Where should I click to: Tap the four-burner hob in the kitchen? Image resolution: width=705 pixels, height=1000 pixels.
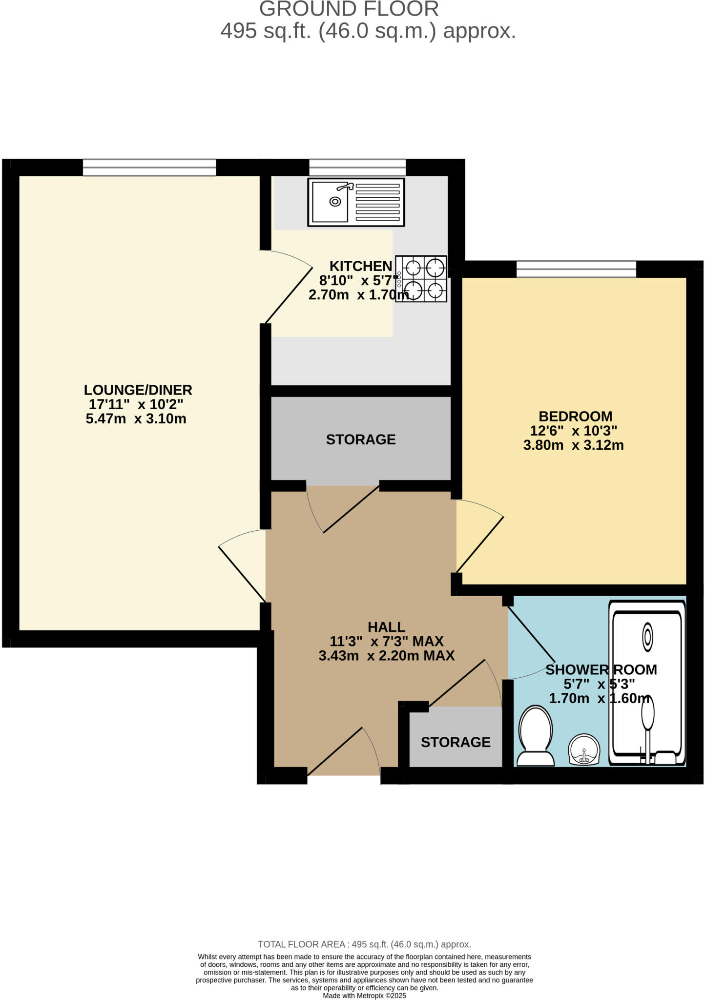coord(421,279)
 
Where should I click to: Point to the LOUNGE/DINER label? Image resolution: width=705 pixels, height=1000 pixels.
coord(138,390)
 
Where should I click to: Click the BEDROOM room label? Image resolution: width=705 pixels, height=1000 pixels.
coord(575,417)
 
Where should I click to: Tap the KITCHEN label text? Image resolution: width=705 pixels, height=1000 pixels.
coord(360,266)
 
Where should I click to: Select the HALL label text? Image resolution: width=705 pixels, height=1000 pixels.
coord(386,626)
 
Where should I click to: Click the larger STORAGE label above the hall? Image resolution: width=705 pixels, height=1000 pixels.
coord(361,439)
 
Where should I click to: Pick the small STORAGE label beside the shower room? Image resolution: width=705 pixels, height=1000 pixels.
coord(456,742)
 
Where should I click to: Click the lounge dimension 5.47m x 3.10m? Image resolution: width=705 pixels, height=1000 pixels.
coord(136,419)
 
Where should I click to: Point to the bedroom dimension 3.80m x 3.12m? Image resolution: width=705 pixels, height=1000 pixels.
coord(573,445)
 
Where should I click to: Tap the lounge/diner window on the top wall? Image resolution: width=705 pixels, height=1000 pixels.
coord(149,167)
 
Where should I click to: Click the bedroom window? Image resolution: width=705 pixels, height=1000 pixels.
coord(576,269)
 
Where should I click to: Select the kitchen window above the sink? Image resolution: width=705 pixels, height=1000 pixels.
coord(357,167)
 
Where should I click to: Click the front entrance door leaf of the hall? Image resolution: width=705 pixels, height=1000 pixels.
coord(335,751)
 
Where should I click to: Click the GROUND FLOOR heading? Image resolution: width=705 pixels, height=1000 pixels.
coord(349,9)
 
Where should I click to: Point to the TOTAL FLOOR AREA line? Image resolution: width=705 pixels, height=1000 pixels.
coord(364,944)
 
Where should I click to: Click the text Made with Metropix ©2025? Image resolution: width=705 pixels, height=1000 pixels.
coord(364,996)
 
